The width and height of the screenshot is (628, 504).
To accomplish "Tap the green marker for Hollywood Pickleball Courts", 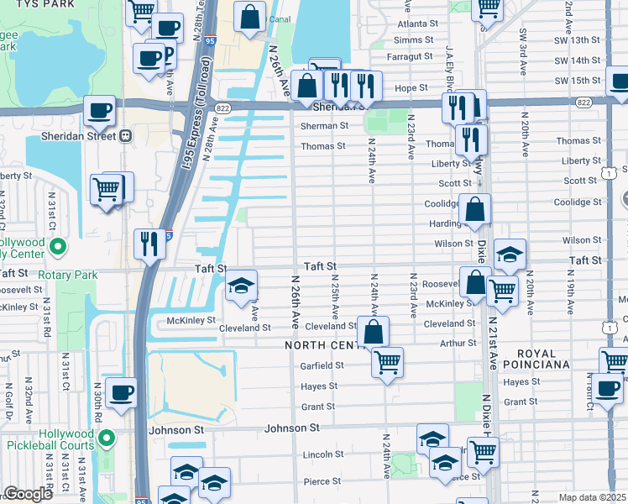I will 107,438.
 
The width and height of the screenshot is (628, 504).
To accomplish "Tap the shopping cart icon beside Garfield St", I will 387,363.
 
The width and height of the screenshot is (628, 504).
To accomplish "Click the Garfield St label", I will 322,365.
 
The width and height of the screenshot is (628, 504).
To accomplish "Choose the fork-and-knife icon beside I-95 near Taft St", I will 149,244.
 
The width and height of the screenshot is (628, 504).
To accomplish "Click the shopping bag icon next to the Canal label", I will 249,17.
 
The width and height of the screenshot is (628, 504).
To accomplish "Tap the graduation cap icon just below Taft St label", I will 241,286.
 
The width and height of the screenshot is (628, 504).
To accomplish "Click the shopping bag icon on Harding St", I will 474,210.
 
